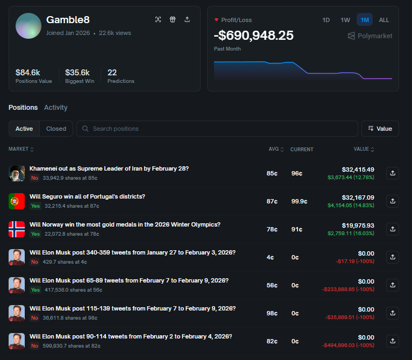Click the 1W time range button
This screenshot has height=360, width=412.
pyautogui.click(x=345, y=20)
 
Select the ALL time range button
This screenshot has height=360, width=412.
pyautogui.click(x=384, y=20)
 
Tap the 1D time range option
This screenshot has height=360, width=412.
pyautogui.click(x=326, y=20)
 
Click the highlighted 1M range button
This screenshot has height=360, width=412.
pyautogui.click(x=365, y=20)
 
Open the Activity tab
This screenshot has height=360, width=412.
pyautogui.click(x=55, y=108)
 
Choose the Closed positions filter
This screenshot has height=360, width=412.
pyautogui.click(x=56, y=129)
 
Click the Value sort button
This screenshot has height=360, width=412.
pyautogui.click(x=380, y=129)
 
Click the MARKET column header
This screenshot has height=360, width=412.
pyautogui.click(x=22, y=149)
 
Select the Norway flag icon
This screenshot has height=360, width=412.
pyautogui.click(x=17, y=229)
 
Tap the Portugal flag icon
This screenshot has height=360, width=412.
pyautogui.click(x=17, y=201)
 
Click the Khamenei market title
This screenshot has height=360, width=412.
pyautogui.click(x=109, y=168)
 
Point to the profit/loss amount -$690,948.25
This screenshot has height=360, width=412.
pyautogui.click(x=254, y=36)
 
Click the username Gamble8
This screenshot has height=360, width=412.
pyautogui.click(x=68, y=20)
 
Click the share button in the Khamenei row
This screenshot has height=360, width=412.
pyautogui.click(x=393, y=173)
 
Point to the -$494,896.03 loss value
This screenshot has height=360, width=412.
pyautogui.click(x=348, y=345)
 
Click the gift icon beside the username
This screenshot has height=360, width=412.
pyautogui.click(x=173, y=19)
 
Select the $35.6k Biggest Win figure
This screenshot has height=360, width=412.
pyautogui.click(x=77, y=72)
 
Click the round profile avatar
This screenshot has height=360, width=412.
pyautogui.click(x=29, y=25)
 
